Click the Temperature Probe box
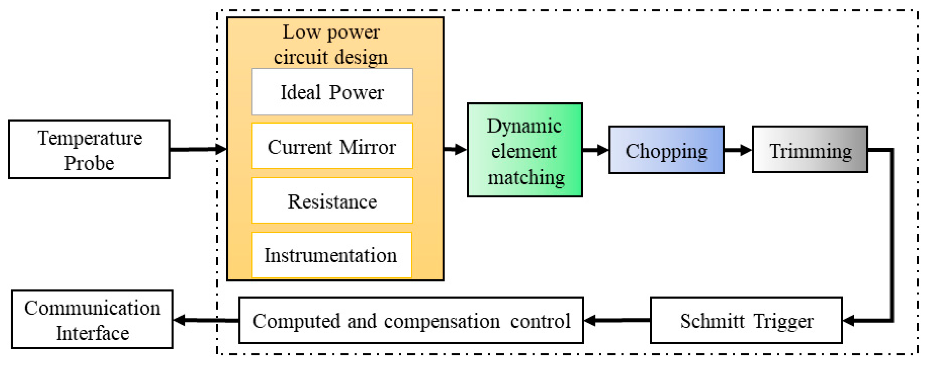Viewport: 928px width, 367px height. click(89, 150)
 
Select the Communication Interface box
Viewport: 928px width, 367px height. click(92, 320)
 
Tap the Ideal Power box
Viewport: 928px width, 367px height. click(332, 92)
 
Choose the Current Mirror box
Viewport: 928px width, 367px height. click(332, 146)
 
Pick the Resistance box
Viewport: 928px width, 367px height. click(332, 201)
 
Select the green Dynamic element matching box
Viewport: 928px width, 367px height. click(525, 150)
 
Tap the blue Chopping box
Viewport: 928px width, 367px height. click(666, 150)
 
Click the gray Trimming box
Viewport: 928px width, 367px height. click(810, 150)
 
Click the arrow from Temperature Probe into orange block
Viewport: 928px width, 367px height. click(198, 149)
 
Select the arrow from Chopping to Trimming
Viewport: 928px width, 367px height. click(738, 150)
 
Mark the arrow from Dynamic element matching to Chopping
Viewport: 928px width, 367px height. click(595, 150)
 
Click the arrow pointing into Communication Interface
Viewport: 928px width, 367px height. click(205, 320)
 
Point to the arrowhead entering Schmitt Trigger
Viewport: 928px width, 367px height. click(849, 320)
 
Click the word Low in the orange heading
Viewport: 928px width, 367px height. click(301, 32)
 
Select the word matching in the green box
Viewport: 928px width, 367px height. click(526, 178)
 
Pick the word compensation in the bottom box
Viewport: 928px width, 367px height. click(442, 321)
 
